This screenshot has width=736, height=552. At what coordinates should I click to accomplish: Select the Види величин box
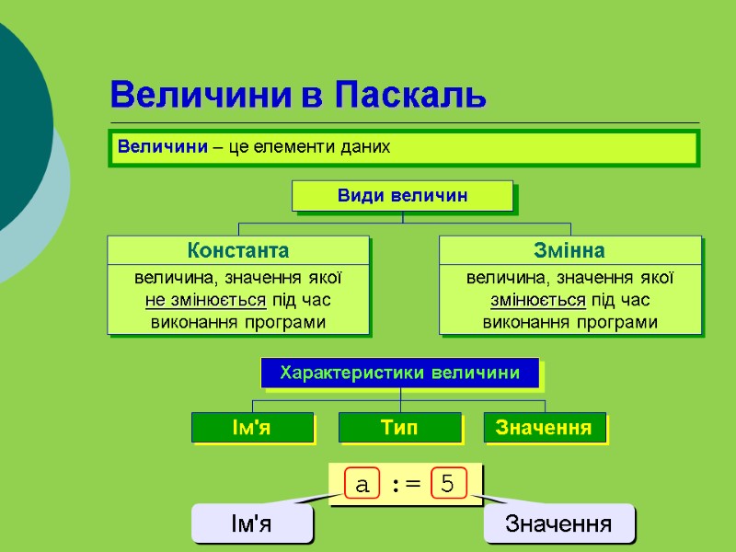[x=402, y=196]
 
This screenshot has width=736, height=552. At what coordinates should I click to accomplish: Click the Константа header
[x=238, y=250]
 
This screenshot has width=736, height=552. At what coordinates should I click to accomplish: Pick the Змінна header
[x=569, y=250]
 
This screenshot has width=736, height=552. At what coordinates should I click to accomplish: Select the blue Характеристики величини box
[x=400, y=373]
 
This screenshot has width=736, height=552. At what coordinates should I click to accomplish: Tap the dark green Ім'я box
[x=252, y=427]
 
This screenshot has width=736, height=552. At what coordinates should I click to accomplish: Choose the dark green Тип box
[x=399, y=427]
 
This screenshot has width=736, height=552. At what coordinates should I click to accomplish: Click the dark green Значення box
[x=544, y=427]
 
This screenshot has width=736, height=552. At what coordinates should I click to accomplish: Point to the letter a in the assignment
[x=362, y=484]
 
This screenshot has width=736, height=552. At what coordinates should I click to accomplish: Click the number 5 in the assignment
[x=448, y=484]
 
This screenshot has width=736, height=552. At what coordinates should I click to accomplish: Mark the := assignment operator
[x=405, y=484]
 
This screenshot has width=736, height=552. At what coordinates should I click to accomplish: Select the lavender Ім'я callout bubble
[x=251, y=523]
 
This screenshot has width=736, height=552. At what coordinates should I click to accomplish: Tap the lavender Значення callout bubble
[x=558, y=523]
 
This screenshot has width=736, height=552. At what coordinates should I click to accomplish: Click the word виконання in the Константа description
[x=192, y=322]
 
